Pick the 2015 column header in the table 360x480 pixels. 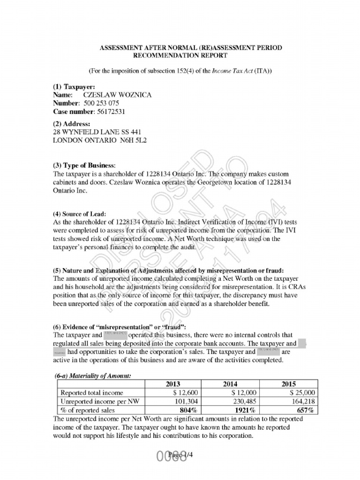288,383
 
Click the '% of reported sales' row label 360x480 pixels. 87,411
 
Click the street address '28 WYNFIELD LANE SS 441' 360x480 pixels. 97,132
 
